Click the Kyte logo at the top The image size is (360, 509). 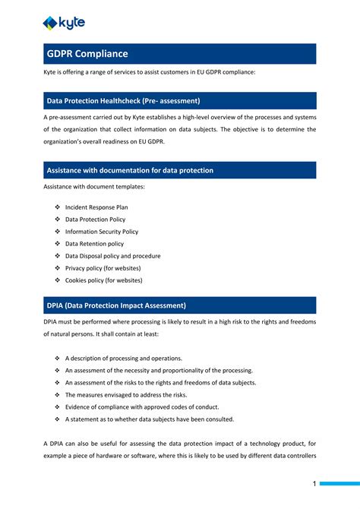tap(64, 23)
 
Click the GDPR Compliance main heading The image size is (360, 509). tap(87, 54)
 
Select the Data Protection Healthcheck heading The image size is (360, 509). tap(123, 101)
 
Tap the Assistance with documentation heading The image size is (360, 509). tap(130, 170)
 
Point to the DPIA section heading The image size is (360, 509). tap(116, 305)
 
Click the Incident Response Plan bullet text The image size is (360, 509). tap(96, 207)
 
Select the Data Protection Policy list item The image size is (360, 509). tap(95, 219)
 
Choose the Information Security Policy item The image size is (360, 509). tap(102, 231)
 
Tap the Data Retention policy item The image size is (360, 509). tap(94, 244)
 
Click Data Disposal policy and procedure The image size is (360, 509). tap(112, 256)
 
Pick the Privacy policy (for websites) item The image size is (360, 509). tap(103, 268)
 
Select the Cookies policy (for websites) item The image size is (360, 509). tap(103, 280)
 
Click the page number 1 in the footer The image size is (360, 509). tap(314, 483)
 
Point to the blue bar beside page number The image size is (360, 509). tap(339, 483)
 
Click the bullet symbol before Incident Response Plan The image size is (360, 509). tap(57, 207)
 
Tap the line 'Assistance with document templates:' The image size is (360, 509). tap(93, 187)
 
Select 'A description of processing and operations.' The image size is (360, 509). tap(123, 358)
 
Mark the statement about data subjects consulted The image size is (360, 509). tap(149, 419)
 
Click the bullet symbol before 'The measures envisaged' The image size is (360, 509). tap(57, 394)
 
